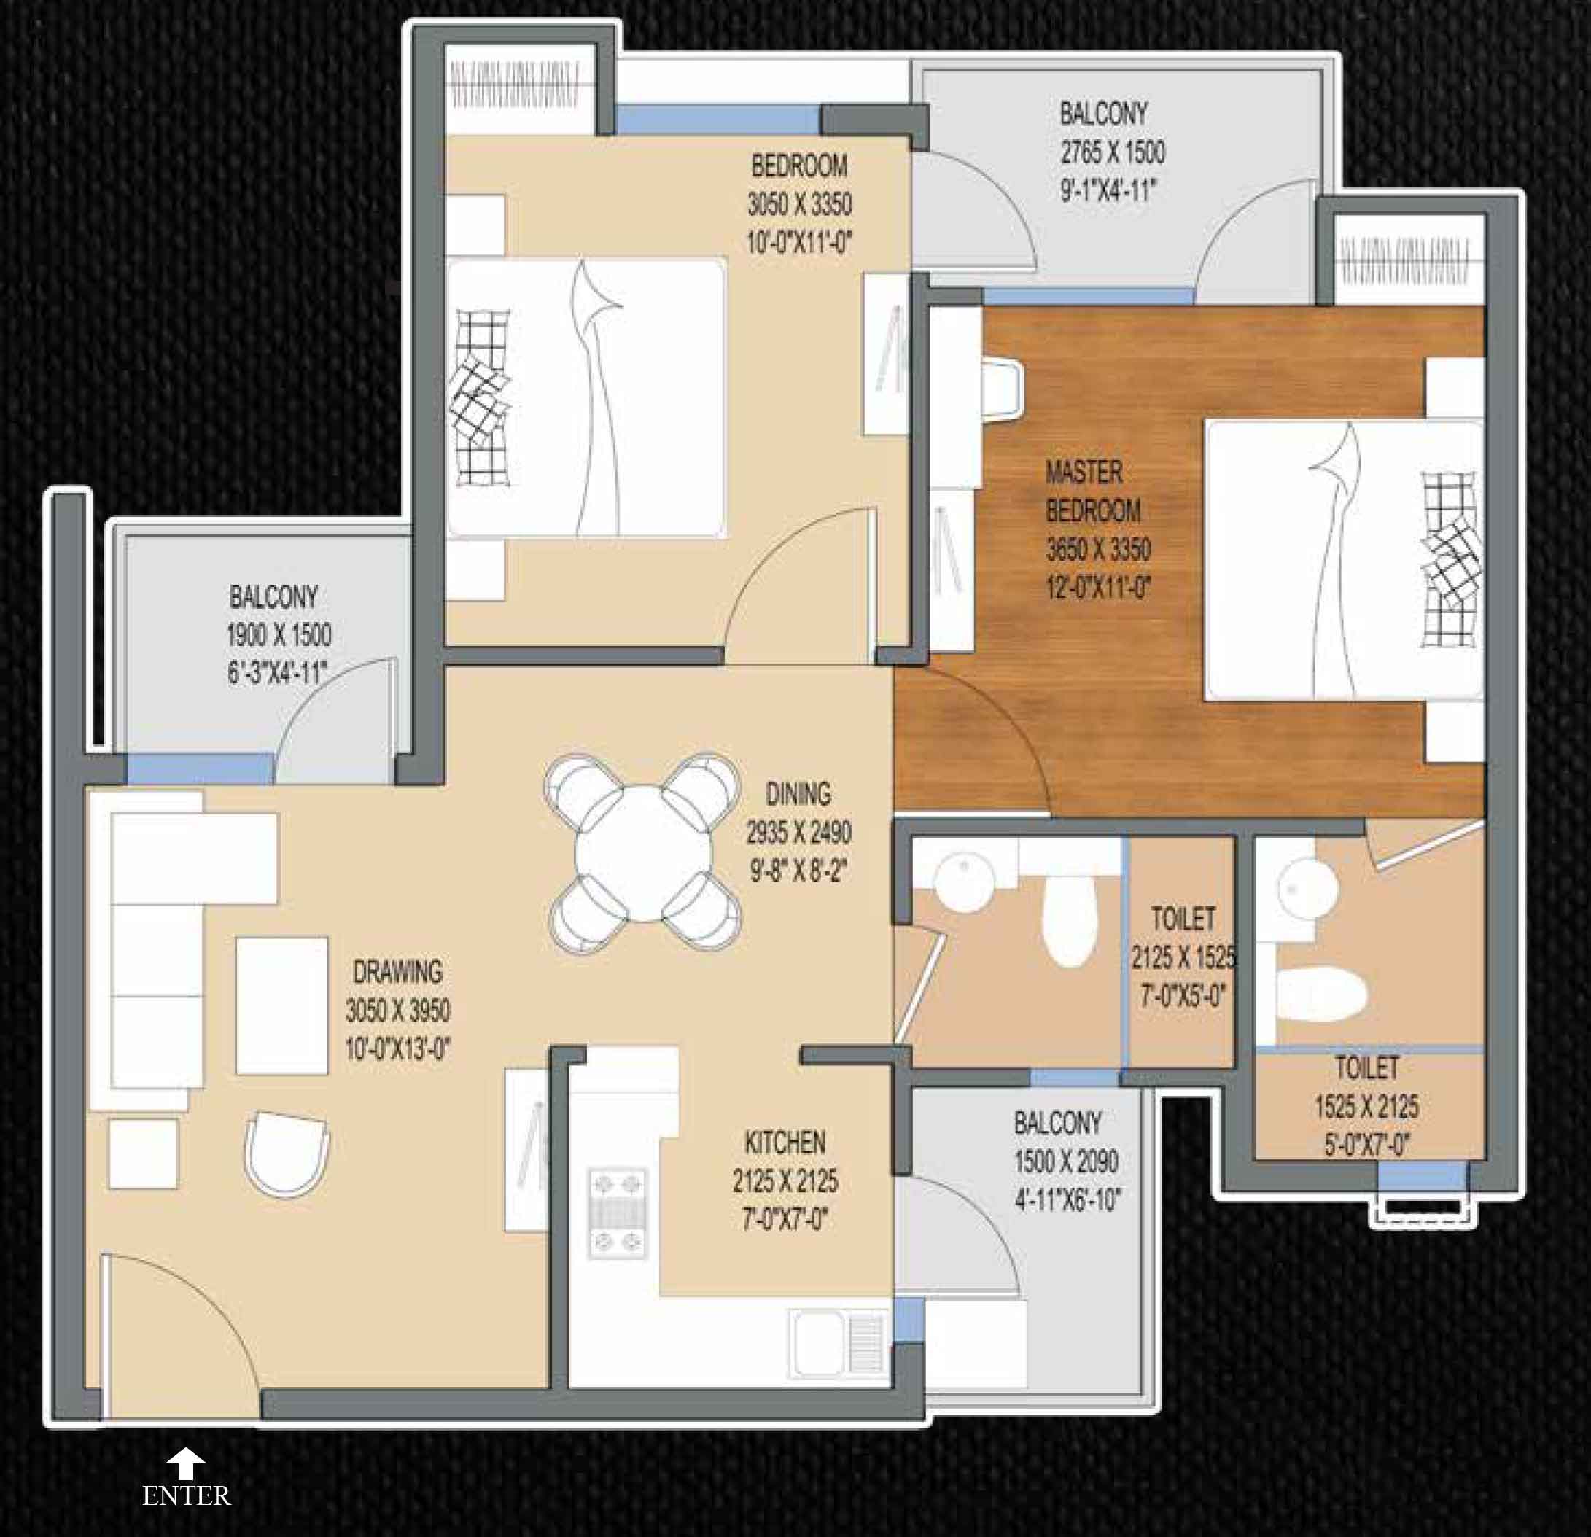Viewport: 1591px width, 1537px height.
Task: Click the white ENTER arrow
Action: point(186,1463)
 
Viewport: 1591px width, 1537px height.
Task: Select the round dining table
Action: point(643,853)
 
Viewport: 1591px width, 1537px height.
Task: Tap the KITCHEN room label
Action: point(785,1142)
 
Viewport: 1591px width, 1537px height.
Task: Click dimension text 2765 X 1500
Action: point(1112,152)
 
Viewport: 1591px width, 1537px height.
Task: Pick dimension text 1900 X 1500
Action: point(279,634)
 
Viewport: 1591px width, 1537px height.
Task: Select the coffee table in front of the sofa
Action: point(281,1005)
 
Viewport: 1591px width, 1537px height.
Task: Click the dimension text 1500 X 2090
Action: point(1065,1161)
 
